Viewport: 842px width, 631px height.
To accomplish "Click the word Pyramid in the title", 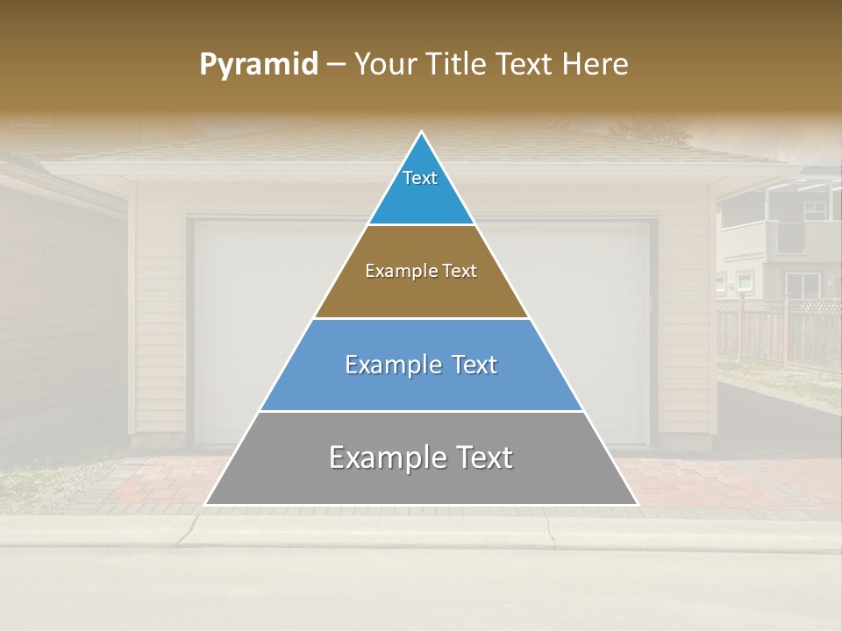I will [259, 65].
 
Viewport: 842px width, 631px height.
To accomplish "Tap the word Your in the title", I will [386, 65].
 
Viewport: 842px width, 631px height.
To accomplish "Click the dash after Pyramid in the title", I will [336, 65].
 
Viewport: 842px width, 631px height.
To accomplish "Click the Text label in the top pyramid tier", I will [420, 178].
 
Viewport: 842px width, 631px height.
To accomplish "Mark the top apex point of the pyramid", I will [422, 132].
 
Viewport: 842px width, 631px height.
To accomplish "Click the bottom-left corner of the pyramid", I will [205, 505].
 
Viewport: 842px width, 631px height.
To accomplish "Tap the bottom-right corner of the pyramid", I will [637, 505].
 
